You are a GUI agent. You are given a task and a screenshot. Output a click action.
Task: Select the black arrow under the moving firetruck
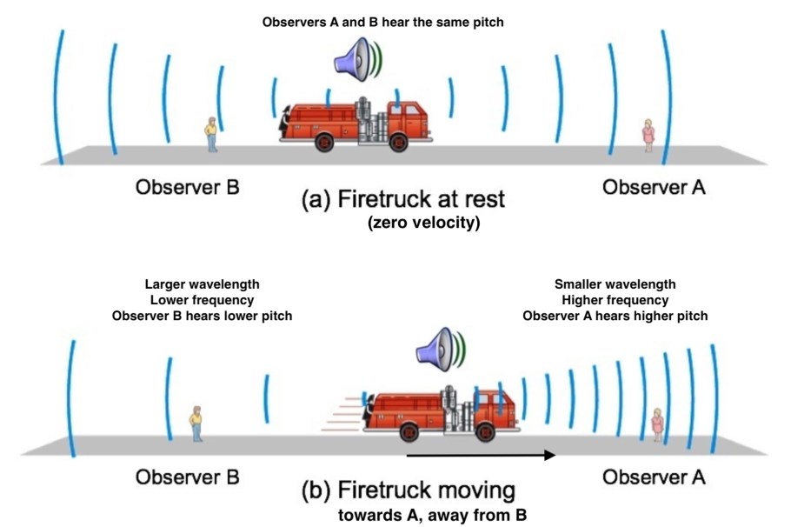point(481,454)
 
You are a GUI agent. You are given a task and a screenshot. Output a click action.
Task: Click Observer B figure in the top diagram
point(211,135)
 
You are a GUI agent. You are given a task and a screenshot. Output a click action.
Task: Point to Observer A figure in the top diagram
point(648,135)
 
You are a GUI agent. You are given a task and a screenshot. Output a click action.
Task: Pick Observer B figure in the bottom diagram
point(196,424)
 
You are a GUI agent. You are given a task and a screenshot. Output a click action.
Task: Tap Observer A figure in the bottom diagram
point(658,424)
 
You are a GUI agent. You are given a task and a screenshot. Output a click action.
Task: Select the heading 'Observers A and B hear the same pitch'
point(382,23)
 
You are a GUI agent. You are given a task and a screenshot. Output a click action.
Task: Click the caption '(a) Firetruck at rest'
point(402,199)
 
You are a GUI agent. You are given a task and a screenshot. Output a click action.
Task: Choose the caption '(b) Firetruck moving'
point(408,489)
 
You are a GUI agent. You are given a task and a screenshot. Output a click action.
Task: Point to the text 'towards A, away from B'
point(432,515)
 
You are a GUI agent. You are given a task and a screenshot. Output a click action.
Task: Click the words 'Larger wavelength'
point(203,284)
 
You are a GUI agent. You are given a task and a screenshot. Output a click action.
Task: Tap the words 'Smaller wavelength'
point(615,284)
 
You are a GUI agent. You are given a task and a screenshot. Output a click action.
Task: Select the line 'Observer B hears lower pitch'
point(203,316)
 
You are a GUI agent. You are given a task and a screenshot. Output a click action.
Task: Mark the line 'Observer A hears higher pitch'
point(615,316)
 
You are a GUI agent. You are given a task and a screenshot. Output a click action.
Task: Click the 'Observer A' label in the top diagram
point(655,186)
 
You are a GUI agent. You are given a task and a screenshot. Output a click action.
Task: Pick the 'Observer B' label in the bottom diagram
point(187,477)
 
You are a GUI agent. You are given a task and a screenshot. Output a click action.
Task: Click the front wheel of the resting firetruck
point(399,143)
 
